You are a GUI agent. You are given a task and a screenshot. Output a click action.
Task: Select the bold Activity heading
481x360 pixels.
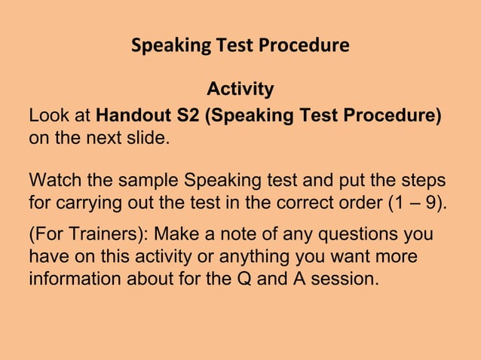pyautogui.click(x=240, y=90)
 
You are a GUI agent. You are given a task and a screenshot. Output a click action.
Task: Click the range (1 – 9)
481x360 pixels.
pyautogui.click(x=413, y=203)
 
